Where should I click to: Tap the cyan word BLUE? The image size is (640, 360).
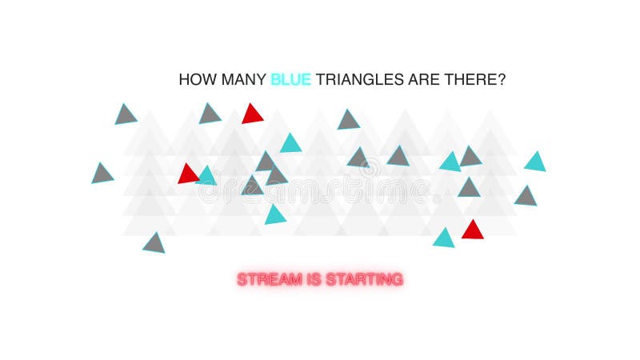point(290,80)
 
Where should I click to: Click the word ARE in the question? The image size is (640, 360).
point(421,80)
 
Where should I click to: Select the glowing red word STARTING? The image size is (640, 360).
point(364,279)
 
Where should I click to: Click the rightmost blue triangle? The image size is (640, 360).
point(535,162)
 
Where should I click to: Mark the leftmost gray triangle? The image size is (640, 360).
point(102,174)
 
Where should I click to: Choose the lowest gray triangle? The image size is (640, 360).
point(154,243)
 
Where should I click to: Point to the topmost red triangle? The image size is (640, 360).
point(253,114)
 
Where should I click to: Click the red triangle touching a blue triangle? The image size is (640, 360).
point(189,174)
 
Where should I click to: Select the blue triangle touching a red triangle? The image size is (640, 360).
point(206,176)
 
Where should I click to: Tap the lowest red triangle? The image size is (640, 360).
point(472,230)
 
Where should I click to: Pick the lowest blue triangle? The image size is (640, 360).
point(444,238)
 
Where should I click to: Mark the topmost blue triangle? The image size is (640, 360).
point(290,144)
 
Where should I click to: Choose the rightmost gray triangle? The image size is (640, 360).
point(526,196)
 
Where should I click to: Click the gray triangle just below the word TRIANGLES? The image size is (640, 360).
point(348,121)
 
